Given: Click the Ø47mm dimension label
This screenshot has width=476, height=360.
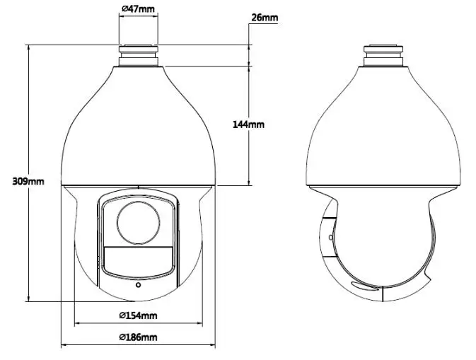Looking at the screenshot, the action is pos(138,8).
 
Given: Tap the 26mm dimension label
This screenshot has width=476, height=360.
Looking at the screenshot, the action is pos(265,18).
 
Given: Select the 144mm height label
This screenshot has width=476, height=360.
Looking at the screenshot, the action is pos(248,124).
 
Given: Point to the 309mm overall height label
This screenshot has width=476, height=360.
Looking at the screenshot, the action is pos(28,181).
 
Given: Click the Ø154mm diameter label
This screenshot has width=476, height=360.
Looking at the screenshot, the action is pos(138,315).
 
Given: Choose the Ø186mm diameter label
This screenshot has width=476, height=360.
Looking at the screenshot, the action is pos(138,337).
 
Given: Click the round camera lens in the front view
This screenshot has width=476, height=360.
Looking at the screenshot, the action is pos(138,223).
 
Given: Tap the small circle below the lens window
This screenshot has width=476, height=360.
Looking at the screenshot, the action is pos(139,285).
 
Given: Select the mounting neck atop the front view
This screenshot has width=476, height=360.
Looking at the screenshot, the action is pos(138,56).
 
